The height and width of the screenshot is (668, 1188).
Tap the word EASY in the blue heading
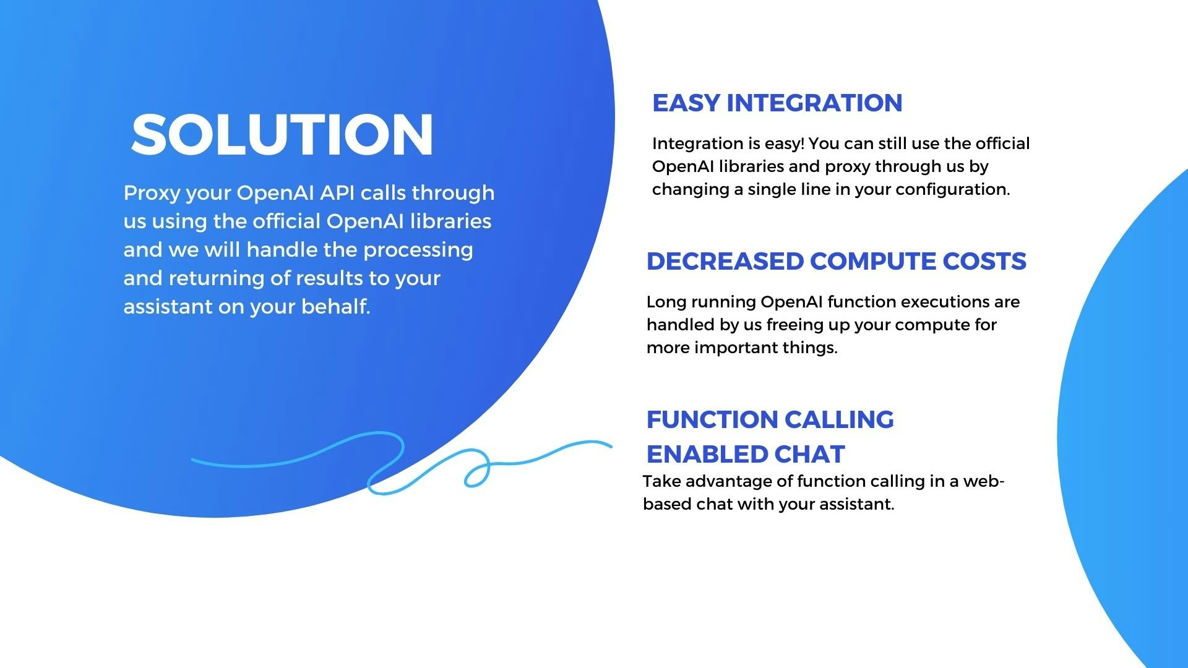coord(686,103)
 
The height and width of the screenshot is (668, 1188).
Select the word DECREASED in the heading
coord(725,261)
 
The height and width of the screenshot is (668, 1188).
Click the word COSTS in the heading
coord(984,261)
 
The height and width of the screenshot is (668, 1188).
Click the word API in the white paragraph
coord(337,192)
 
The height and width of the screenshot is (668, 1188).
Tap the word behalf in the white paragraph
coord(335,306)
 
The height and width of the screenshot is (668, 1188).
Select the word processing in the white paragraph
coord(418,250)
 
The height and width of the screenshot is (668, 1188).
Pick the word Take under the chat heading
coord(661,481)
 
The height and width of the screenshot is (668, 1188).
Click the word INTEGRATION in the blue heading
coord(814,103)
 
